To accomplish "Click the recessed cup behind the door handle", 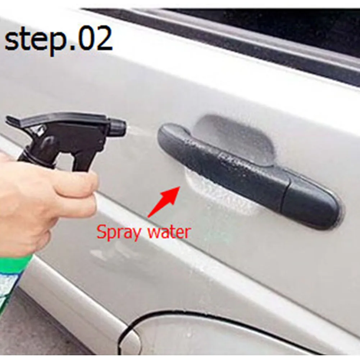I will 234,137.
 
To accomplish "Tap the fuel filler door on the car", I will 216,338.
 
